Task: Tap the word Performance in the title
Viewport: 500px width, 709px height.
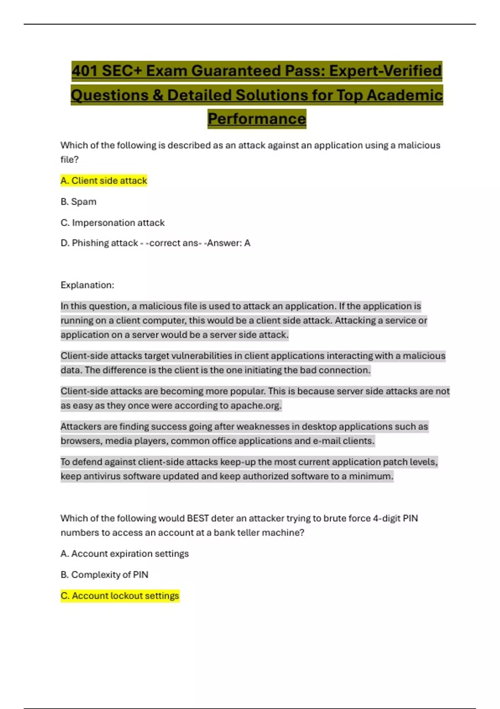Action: coord(257,119)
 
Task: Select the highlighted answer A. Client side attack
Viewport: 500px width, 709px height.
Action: coord(104,181)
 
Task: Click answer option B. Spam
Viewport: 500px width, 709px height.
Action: coord(78,202)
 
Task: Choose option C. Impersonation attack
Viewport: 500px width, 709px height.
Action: coord(112,223)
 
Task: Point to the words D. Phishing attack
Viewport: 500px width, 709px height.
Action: coord(99,243)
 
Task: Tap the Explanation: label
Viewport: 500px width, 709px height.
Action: coord(87,285)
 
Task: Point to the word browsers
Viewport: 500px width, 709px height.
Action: coord(80,441)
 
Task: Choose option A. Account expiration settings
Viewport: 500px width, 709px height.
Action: coord(125,554)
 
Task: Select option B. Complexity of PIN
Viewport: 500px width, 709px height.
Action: coord(104,575)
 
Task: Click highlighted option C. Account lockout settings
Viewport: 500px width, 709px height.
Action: coord(120,596)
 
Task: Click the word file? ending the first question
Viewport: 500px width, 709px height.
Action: coord(69,159)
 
